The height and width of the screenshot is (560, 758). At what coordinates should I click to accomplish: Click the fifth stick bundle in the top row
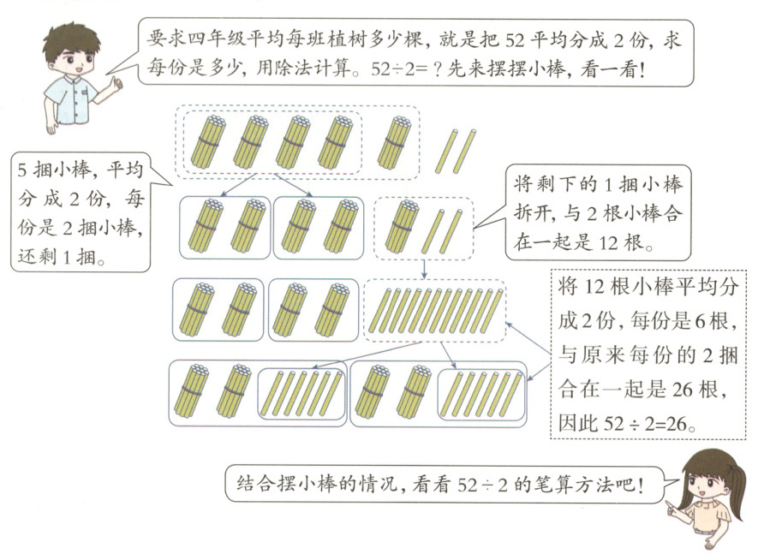(394, 140)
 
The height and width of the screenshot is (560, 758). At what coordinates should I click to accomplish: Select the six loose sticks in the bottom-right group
(481, 392)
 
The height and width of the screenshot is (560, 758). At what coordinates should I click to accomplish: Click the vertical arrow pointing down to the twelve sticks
(424, 269)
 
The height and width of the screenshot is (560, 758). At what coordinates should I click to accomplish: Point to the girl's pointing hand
(673, 509)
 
